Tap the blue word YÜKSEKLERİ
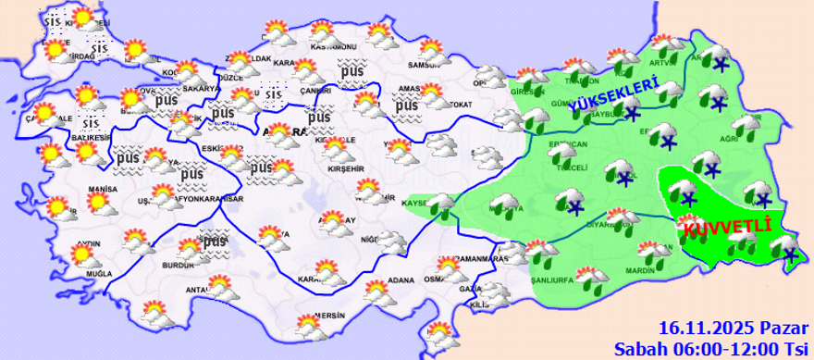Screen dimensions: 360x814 (614, 97)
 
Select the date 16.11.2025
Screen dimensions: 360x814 (707, 329)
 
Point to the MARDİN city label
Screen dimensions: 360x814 (640, 270)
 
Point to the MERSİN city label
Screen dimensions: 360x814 (329, 315)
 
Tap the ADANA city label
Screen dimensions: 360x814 (401, 279)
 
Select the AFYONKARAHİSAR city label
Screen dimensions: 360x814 (195, 200)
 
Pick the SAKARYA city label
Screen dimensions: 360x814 (200, 88)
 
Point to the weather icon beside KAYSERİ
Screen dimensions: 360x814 (441, 205)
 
